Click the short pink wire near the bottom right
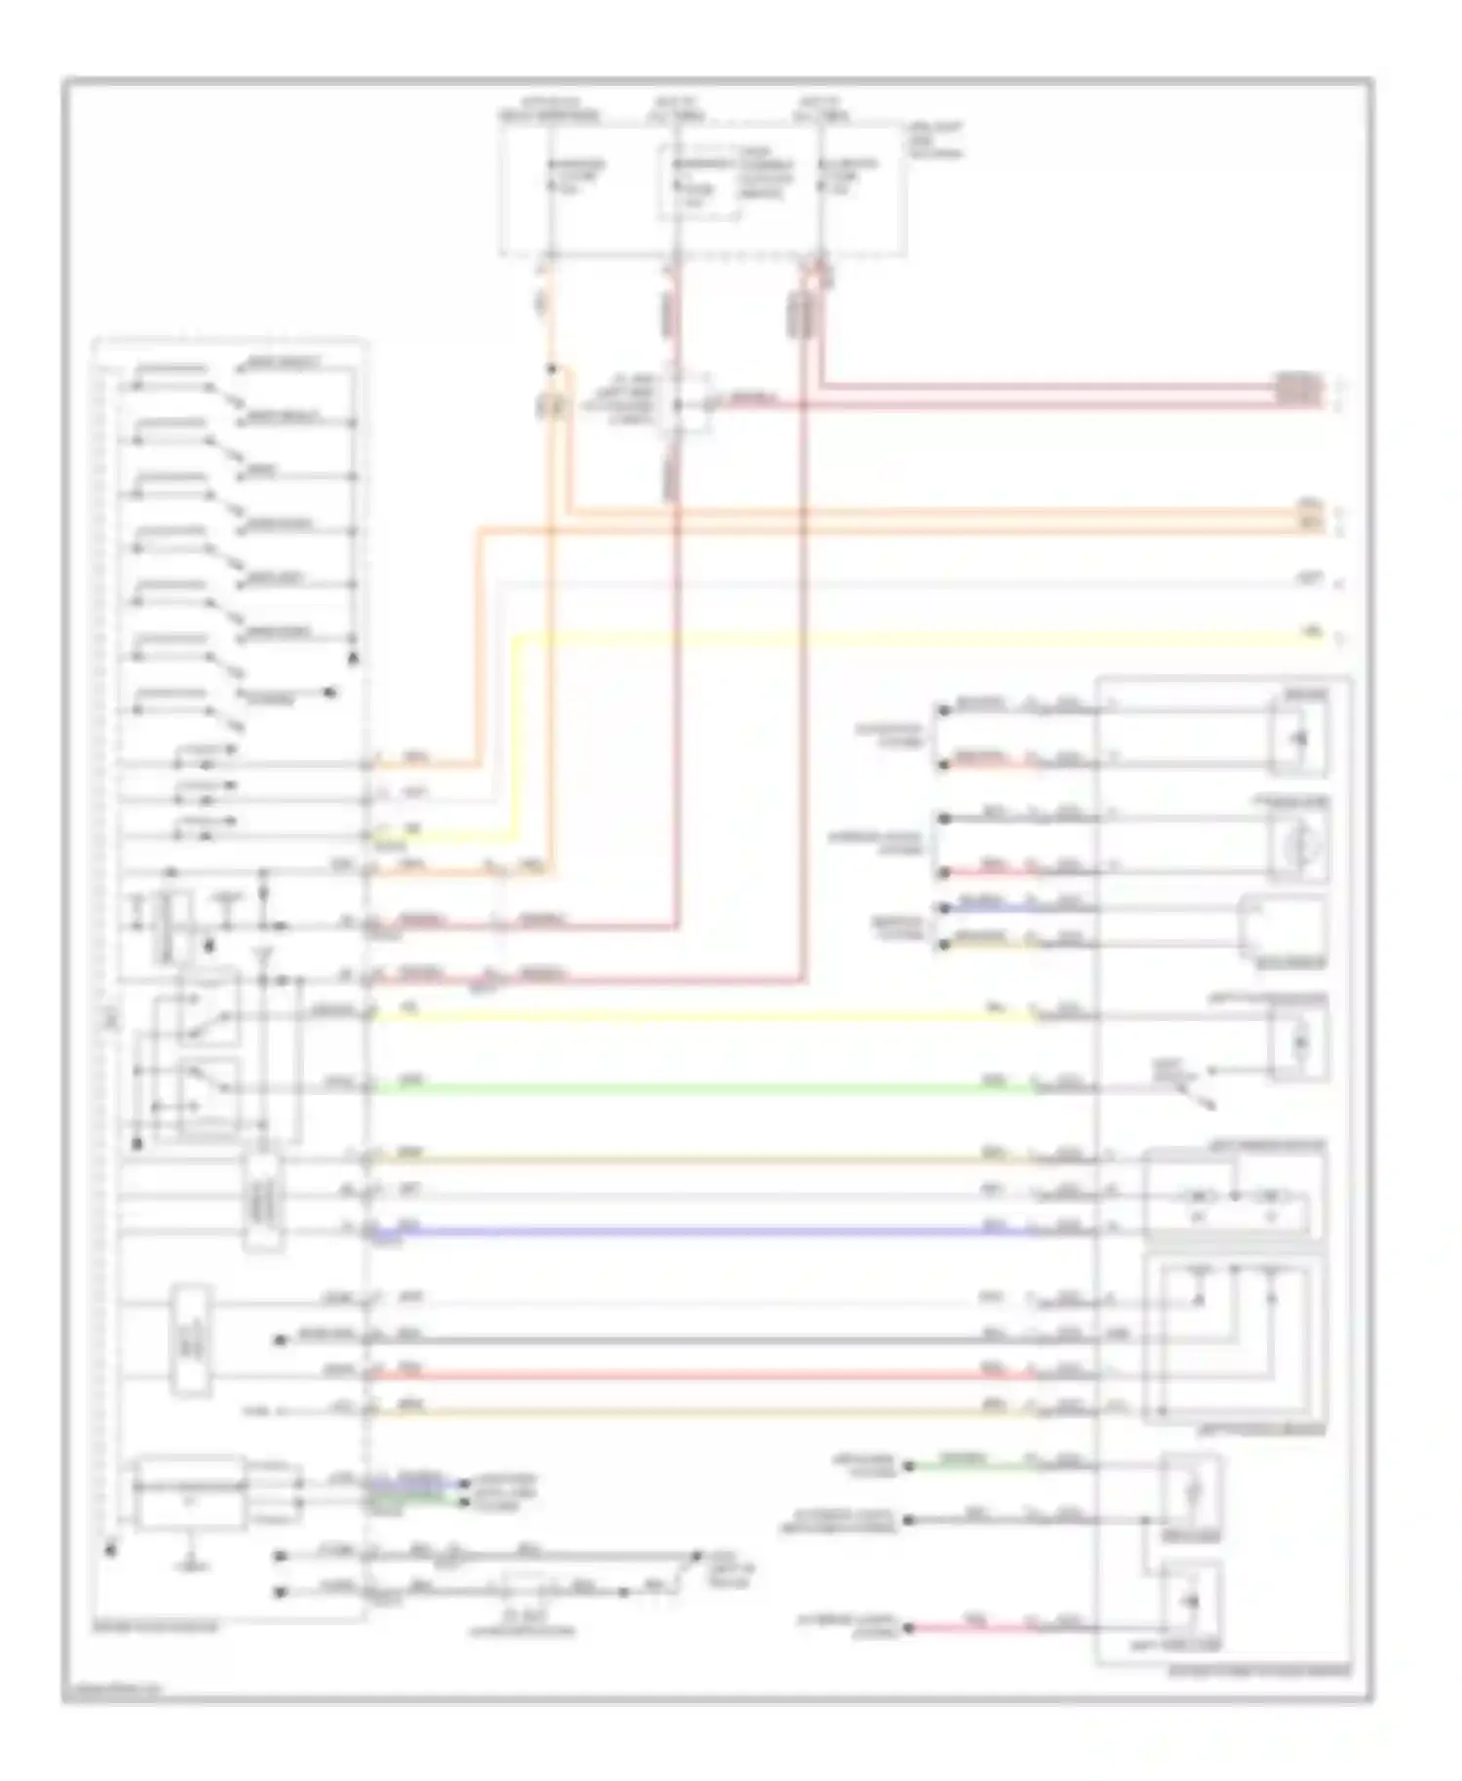click(x=975, y=1627)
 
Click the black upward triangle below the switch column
click(x=354, y=659)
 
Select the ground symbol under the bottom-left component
click(x=192, y=1564)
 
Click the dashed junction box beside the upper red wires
click(x=685, y=399)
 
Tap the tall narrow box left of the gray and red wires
click(x=191, y=1341)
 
